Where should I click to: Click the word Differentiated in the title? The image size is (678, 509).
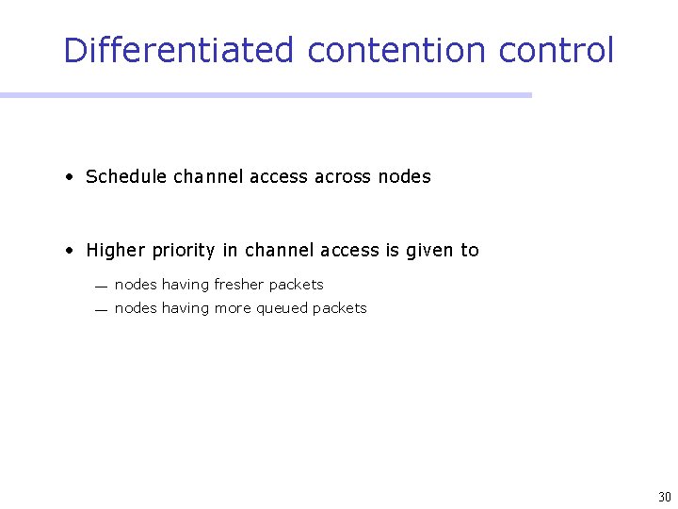(x=179, y=50)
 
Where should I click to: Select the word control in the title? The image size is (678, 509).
(x=557, y=50)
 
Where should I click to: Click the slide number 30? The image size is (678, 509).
(x=664, y=497)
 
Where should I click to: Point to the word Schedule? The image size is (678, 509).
(x=126, y=176)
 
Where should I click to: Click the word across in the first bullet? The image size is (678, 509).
(x=343, y=176)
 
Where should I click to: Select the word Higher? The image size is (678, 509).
(x=116, y=251)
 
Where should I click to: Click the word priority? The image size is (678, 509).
(x=185, y=251)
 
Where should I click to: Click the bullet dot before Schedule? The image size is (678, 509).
(x=71, y=176)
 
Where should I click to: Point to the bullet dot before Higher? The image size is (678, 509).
(x=71, y=251)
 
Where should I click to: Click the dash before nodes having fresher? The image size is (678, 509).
(x=100, y=286)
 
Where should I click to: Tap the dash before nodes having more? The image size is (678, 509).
(x=100, y=309)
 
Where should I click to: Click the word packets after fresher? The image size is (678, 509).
(x=297, y=285)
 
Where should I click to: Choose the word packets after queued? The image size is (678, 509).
(x=340, y=308)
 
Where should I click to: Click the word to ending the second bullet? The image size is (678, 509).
(x=469, y=251)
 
